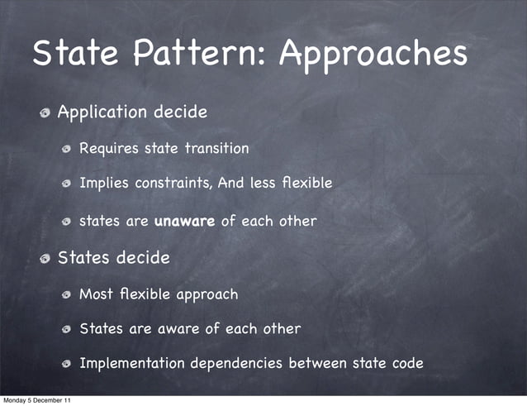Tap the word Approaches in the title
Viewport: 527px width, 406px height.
373,55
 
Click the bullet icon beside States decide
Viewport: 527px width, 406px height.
46,258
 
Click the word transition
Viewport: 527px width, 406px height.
216,149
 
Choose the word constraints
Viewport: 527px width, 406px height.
171,183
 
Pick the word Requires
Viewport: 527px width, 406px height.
109,150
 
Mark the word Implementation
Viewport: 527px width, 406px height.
132,364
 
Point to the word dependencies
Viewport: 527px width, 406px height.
240,364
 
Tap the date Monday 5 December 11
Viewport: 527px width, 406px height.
36,400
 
